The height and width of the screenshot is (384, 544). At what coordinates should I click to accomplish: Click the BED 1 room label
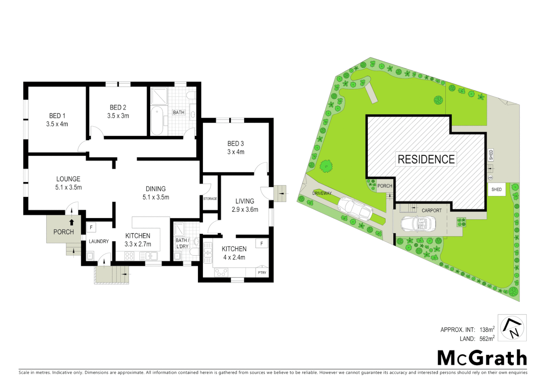57,116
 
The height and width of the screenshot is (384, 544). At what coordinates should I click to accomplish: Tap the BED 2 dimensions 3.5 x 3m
118,116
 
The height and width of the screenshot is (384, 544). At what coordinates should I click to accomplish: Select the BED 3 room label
235,143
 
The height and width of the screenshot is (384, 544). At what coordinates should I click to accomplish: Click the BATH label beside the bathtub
178,112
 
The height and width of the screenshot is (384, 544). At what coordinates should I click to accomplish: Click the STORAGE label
210,199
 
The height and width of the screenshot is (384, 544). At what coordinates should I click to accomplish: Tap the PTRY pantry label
262,273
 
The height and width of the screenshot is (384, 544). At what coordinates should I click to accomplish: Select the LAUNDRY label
99,241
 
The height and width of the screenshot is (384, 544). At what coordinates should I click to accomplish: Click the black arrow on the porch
72,222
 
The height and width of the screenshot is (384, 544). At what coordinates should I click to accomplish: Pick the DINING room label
156,189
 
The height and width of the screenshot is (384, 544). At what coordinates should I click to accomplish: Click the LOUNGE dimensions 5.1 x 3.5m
68,187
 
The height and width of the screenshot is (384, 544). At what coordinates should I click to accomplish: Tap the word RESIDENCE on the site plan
426,159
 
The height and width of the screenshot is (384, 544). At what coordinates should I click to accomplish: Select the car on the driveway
355,209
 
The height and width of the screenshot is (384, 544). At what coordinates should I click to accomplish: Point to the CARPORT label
431,210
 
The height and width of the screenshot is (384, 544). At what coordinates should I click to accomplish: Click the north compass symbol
512,328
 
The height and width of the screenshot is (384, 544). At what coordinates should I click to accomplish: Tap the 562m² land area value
487,338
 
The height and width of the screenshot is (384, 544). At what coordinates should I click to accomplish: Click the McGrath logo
482,358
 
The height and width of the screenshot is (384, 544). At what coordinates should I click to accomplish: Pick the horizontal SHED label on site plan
496,190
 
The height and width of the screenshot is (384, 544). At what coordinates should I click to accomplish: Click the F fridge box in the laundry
91,227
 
